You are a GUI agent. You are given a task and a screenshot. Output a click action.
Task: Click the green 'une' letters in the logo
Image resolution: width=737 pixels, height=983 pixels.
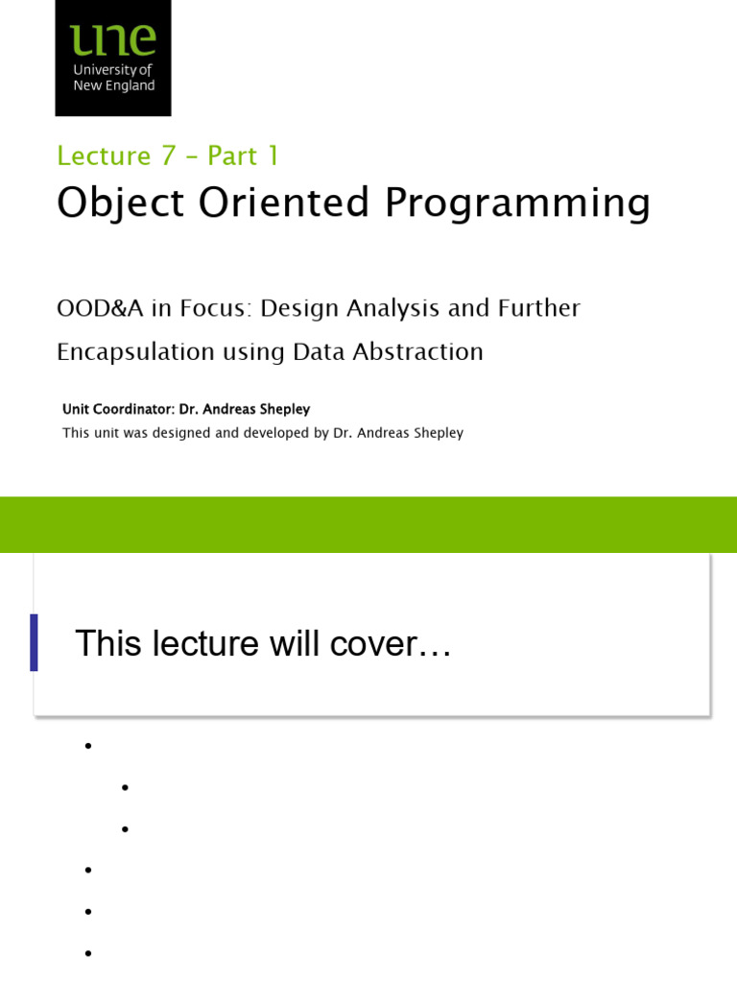pos(112,40)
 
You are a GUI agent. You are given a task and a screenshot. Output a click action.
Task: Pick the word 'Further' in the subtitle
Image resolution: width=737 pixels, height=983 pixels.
pos(538,308)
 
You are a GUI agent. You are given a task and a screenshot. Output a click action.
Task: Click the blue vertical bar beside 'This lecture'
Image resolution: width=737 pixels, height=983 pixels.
pos(35,642)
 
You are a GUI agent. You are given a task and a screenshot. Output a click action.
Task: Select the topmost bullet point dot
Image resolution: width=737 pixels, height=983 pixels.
pos(87,746)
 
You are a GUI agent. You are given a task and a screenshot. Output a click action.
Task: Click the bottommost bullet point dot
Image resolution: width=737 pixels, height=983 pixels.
pos(87,953)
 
